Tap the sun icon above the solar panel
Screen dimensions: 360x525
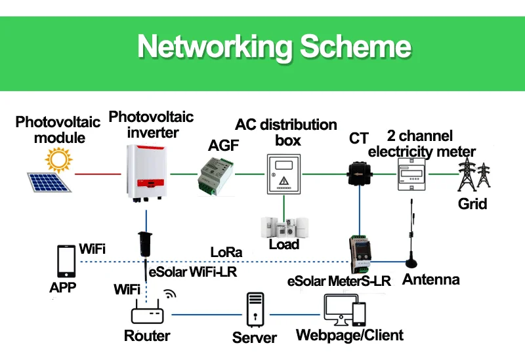(x=58, y=159)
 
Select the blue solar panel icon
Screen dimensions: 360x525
(x=49, y=182)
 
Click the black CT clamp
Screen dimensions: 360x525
(x=359, y=172)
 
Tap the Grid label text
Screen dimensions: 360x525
(x=472, y=203)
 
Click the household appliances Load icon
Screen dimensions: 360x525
(x=283, y=227)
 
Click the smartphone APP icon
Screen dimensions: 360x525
(x=65, y=261)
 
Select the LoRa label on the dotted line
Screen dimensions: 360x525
(x=226, y=252)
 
